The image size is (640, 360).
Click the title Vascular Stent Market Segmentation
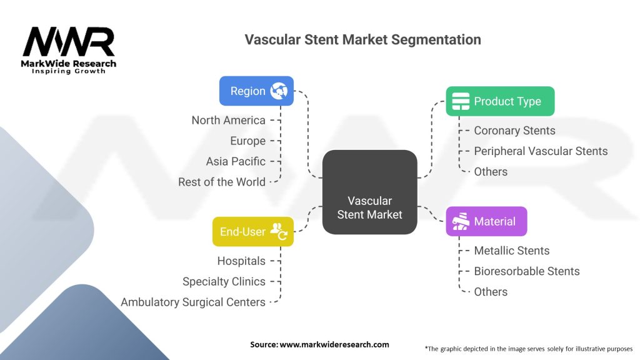click(362, 39)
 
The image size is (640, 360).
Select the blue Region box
click(256, 91)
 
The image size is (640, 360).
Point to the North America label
click(228, 121)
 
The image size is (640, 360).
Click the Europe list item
click(247, 141)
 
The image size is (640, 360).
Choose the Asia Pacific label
click(236, 161)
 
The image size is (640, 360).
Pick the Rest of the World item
click(222, 182)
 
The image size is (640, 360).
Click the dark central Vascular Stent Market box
click(369, 192)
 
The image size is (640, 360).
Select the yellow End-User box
click(252, 232)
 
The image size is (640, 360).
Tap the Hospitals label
click(241, 261)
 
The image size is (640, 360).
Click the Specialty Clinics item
click(224, 282)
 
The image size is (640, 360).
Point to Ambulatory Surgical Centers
click(193, 302)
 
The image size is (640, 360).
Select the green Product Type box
click(499, 101)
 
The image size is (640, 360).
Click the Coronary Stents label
click(514, 131)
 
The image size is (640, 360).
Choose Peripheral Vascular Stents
click(541, 151)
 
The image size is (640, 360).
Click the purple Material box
click(486, 221)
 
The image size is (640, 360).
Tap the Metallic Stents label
click(511, 251)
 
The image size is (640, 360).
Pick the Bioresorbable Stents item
click(526, 271)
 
